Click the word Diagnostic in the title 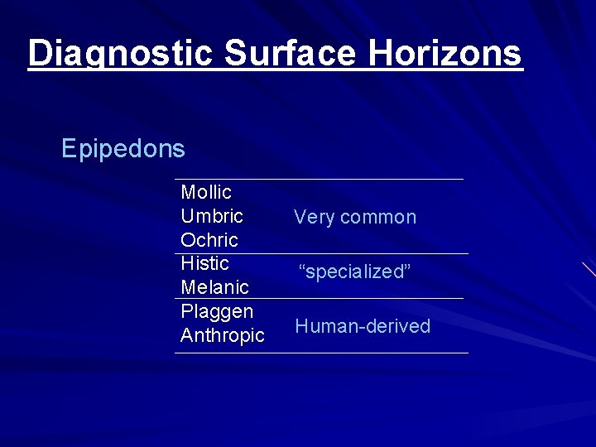[122, 53]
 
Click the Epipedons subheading [123, 149]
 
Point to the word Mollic [206, 193]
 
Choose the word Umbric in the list [212, 217]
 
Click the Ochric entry [209, 240]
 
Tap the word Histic [204, 263]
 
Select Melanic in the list [214, 287]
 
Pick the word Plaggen [217, 311]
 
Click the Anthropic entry [223, 335]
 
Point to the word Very [314, 218]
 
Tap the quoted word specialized [354, 272]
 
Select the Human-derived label [363, 326]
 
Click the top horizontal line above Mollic [319, 179]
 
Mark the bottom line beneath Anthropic [321, 353]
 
